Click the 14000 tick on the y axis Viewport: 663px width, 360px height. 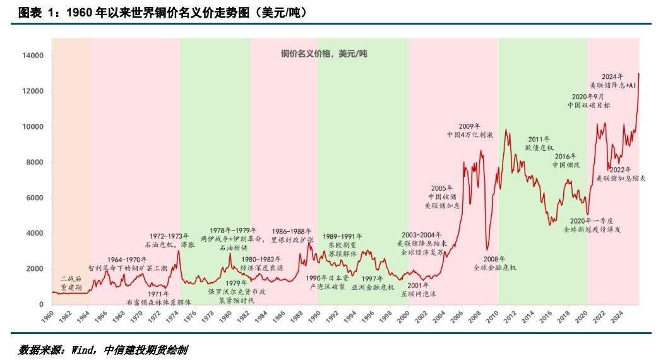click(x=33, y=56)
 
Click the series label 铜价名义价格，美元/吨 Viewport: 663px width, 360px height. click(x=324, y=54)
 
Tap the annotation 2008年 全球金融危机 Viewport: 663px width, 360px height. click(x=495, y=263)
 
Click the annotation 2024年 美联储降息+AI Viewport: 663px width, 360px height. click(x=612, y=80)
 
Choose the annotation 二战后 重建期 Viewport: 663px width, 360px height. click(x=71, y=282)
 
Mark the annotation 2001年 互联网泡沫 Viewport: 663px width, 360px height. click(x=419, y=289)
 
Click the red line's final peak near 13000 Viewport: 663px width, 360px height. click(x=638, y=74)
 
